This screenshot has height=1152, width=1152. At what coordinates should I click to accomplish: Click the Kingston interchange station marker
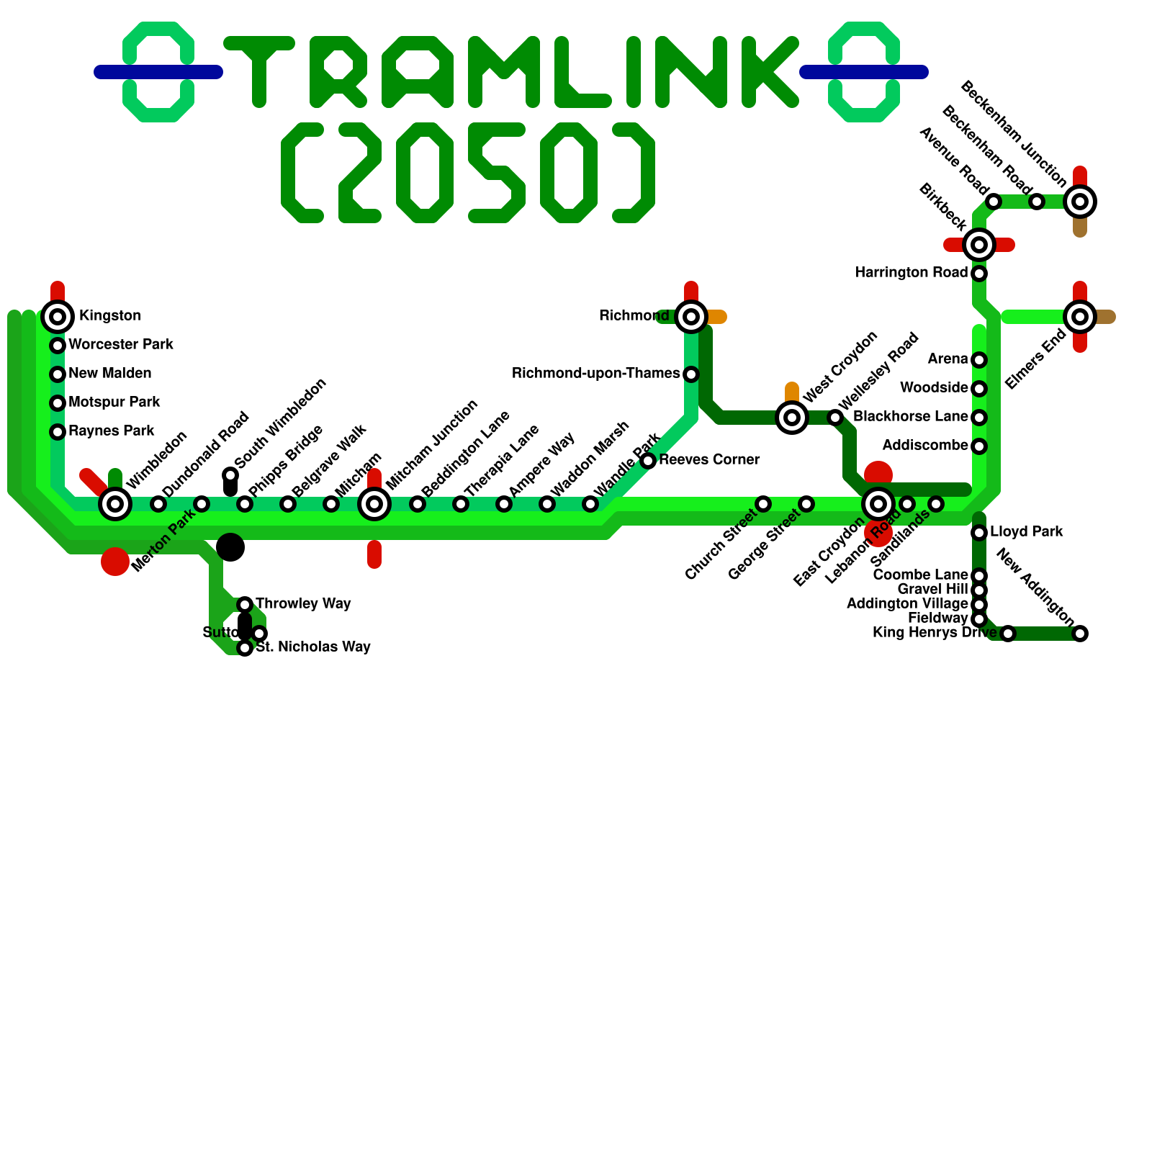pos(58,316)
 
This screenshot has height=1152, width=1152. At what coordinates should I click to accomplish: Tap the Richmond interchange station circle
pos(691,316)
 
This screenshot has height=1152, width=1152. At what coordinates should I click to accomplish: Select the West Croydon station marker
pos(792,417)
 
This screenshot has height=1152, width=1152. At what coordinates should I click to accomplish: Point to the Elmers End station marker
pos(1080,316)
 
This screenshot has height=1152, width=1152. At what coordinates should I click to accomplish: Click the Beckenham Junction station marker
pos(1080,202)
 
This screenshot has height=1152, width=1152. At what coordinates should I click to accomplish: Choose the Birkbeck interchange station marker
pos(979,245)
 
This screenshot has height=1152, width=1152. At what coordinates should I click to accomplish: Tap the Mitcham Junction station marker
pos(374,503)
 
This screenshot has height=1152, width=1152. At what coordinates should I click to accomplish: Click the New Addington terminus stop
pos(1080,634)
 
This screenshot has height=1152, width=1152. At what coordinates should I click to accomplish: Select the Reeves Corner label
pos(709,460)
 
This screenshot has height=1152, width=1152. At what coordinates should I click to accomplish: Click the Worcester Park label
pos(121,345)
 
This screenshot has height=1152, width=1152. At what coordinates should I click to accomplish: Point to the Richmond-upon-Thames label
pos(596,374)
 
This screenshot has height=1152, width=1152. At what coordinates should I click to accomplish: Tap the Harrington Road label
pos(912,273)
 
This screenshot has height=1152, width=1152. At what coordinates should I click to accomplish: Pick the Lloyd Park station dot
pos(979,533)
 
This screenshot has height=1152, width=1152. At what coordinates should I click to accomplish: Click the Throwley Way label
pos(303,603)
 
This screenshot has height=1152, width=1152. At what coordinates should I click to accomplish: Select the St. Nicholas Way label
pos(313,647)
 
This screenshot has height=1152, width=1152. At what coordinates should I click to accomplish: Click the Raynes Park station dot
pos(58,431)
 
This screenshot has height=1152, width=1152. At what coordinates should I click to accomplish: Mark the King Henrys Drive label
pos(935,633)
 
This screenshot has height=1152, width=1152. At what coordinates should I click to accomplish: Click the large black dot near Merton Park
pos(230,547)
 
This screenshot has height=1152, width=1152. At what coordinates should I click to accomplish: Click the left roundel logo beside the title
pos(158,71)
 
